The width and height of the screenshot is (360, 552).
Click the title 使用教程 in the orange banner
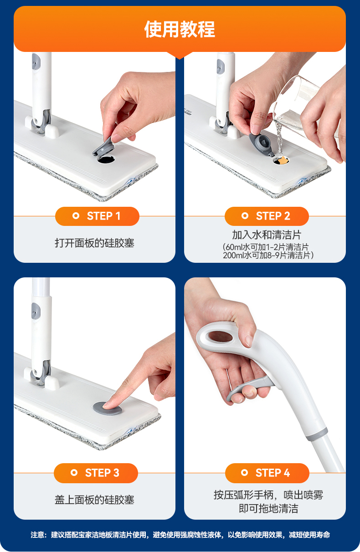(180, 30)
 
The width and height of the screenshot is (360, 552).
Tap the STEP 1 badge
(97, 216)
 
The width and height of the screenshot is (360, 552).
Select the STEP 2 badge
(267, 216)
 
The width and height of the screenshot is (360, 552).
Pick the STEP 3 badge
(96, 473)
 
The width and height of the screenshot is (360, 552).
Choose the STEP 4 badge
(267, 473)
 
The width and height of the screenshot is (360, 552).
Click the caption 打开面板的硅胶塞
(94, 243)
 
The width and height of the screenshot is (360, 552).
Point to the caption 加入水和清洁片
(267, 235)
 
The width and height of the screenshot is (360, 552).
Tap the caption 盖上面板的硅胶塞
(94, 500)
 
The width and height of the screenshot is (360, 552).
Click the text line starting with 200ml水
(268, 256)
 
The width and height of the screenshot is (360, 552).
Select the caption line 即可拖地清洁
(268, 508)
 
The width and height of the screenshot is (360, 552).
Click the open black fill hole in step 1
(106, 159)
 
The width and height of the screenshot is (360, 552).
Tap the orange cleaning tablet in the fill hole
(282, 160)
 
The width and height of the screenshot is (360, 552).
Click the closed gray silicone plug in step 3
(107, 408)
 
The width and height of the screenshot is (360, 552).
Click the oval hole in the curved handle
(220, 337)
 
